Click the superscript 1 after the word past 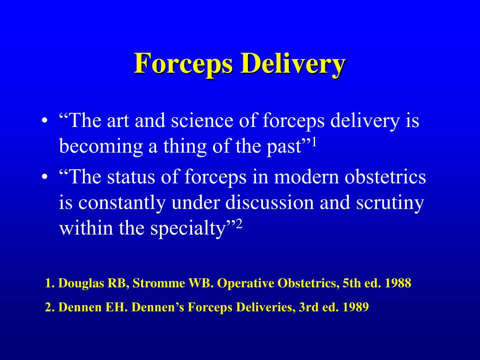(x=315, y=142)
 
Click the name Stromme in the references (x=159, y=284)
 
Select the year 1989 (x=356, y=307)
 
